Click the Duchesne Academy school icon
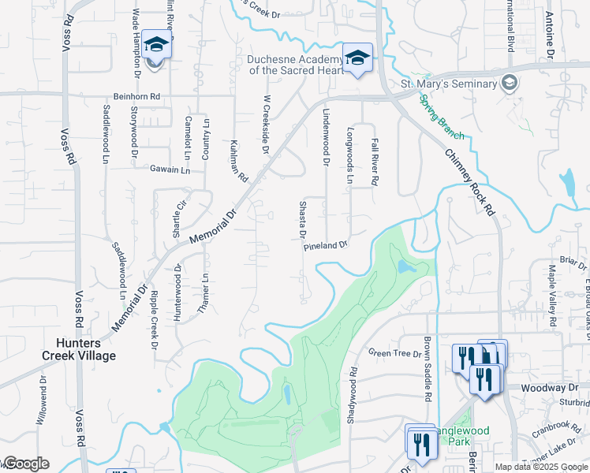(357, 59)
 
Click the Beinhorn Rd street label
(138, 96)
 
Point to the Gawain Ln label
(170, 169)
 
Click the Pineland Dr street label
(326, 246)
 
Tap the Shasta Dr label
(302, 220)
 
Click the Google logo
(25, 464)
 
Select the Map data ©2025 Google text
(540, 467)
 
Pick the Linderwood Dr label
(325, 138)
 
